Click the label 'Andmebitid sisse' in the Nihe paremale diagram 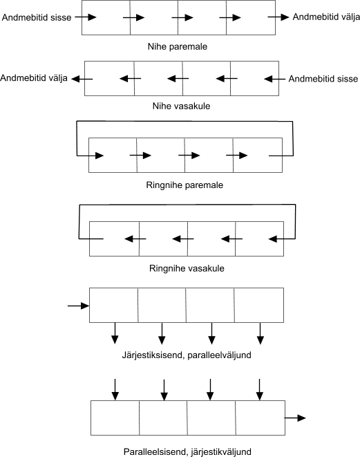click(37, 17)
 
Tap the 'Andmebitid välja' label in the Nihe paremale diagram click(326, 17)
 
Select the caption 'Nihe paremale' click(178, 46)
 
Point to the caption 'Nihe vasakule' click(181, 106)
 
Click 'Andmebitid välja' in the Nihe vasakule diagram click(34, 78)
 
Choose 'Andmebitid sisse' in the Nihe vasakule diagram click(323, 79)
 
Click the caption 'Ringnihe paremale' click(184, 185)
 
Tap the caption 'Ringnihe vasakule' click(187, 268)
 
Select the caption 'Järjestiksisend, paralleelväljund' click(187, 355)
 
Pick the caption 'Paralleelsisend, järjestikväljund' click(187, 451)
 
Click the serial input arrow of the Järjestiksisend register click(78, 306)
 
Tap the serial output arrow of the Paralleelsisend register click(295, 418)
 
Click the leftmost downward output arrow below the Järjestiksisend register click(115, 333)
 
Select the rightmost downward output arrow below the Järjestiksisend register click(260, 333)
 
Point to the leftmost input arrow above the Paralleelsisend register click(115, 390)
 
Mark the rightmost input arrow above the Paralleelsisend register click(260, 390)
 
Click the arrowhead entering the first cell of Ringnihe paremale click(100, 156)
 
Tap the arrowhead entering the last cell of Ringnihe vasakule click(273, 239)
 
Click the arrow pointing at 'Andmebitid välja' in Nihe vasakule click(82, 79)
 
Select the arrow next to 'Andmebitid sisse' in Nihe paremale click(86, 17)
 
